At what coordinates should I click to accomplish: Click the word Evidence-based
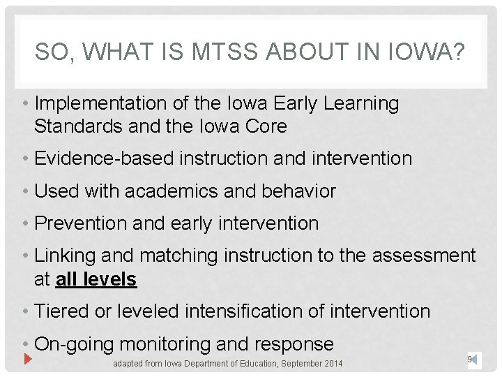[105, 158]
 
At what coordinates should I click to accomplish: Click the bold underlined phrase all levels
[96, 279]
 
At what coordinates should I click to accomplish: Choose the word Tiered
[61, 311]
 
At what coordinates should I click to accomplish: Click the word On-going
[74, 343]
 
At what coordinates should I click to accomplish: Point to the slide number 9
[470, 360]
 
